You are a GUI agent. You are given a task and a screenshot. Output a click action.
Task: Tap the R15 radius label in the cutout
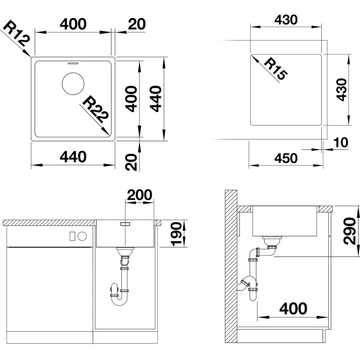(x=275, y=69)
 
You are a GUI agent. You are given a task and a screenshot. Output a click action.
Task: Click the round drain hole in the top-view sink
(x=73, y=84)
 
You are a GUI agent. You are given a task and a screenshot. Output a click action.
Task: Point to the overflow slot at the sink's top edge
(x=73, y=63)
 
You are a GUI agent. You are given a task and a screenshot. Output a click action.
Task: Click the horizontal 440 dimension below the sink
(x=73, y=157)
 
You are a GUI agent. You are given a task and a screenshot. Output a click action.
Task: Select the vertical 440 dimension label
(x=155, y=99)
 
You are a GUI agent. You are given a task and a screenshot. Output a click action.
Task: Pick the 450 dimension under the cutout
(x=286, y=158)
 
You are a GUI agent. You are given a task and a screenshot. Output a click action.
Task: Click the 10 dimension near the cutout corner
(x=341, y=142)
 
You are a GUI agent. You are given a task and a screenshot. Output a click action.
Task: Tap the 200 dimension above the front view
(x=139, y=195)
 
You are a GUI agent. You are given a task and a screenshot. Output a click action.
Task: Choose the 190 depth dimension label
(x=176, y=234)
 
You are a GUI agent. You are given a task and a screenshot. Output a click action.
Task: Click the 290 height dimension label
(x=349, y=231)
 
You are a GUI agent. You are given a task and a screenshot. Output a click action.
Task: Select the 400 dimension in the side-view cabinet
(x=293, y=308)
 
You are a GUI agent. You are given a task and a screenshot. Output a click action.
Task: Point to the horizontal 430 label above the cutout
(x=286, y=20)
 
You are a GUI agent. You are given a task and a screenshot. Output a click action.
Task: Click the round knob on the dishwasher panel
(x=82, y=236)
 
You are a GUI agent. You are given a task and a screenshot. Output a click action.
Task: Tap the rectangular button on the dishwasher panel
(x=72, y=236)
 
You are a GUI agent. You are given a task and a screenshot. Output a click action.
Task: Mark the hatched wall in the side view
(x=231, y=266)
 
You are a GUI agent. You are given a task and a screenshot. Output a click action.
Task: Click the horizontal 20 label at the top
(x=137, y=24)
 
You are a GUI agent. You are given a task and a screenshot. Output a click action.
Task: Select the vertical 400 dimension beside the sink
(x=131, y=99)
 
